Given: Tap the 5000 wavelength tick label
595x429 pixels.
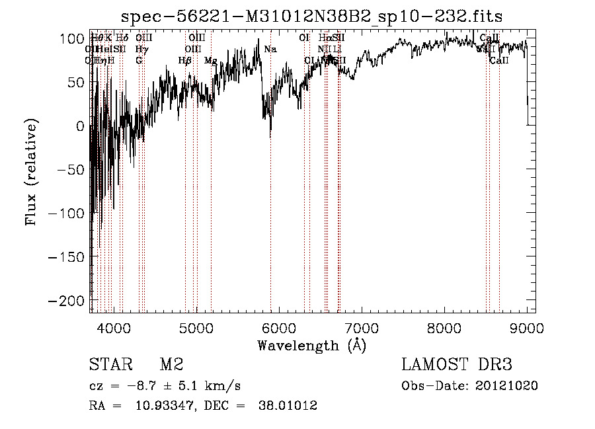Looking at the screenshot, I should (x=196, y=327).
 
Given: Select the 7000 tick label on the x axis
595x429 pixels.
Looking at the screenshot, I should (x=362, y=327).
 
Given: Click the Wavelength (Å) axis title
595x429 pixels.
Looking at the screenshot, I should (x=311, y=345).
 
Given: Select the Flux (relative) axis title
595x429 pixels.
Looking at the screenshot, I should (x=31, y=172).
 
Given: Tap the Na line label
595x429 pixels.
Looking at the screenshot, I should (x=270, y=49).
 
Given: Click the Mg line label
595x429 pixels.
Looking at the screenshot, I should (x=210, y=60).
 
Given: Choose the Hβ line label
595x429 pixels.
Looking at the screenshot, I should (x=185, y=60).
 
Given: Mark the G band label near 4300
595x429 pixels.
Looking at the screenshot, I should (x=139, y=60).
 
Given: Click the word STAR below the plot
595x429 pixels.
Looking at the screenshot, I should (x=110, y=364).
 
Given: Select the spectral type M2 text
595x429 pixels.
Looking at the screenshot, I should (x=171, y=364).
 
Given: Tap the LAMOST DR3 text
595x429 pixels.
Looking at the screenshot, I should (x=456, y=364).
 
